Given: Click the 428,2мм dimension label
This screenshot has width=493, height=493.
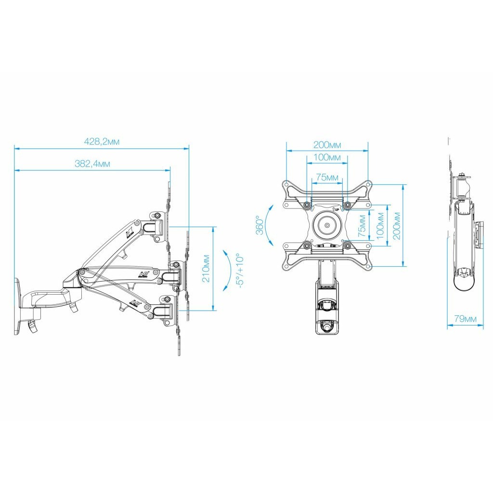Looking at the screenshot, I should coord(102,142).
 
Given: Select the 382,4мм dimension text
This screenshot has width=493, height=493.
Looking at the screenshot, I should coord(92,164).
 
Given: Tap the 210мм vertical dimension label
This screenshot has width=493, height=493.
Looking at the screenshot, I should coord(206,268).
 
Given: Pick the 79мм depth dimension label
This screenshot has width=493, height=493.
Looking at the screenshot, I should coord(465,319).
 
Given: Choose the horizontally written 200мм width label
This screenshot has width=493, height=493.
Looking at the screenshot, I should coord(327,145).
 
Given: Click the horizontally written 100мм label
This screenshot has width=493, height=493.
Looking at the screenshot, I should coord(327,157).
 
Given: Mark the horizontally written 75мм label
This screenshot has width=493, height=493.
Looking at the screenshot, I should coord(327,178).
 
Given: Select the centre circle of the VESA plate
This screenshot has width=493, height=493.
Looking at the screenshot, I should coord(327,225).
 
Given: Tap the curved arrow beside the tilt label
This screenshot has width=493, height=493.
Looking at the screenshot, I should coord(226,271).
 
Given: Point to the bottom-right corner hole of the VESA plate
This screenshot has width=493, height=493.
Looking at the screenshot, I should coord(369,265).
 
